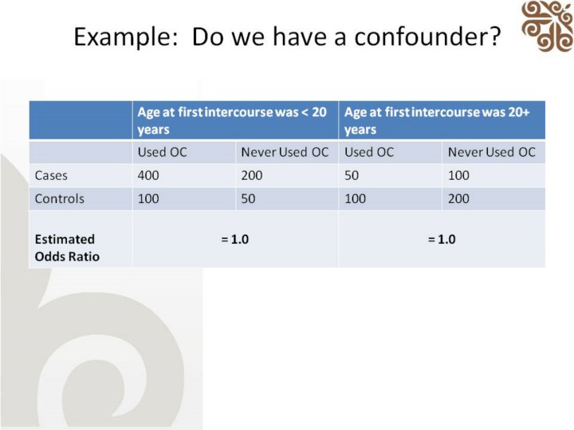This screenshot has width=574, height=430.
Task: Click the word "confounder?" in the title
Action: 427,37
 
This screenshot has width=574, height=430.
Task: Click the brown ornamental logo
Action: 548,26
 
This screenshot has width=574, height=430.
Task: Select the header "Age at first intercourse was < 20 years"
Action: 232,120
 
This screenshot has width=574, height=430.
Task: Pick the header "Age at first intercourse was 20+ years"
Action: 437,120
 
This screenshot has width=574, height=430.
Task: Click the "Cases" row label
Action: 51,175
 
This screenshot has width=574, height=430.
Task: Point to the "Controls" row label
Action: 59,199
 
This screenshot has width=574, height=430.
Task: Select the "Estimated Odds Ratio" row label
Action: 67,248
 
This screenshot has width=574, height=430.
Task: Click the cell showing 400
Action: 148,175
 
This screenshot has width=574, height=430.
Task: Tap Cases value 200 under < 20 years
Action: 252,175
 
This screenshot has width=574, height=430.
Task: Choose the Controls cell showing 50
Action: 248,199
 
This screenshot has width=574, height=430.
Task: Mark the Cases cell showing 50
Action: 352,175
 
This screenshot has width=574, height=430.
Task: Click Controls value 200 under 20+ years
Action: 458,199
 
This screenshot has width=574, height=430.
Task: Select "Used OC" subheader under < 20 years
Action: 162,152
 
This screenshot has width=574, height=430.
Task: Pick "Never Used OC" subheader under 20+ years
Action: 492,152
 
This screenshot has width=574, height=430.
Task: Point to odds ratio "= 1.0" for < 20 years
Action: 235,240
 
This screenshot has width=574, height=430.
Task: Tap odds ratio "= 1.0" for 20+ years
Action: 442,240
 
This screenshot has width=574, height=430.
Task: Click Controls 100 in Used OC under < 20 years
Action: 148,199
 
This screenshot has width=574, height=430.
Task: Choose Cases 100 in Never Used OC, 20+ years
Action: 458,175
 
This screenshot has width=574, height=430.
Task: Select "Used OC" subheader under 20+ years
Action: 369,152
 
